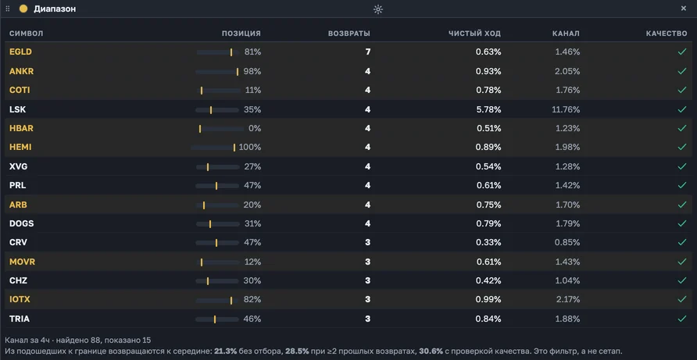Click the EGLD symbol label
tap(20, 52)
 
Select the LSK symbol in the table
tap(17, 109)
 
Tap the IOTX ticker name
tap(20, 300)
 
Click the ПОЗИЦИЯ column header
tap(241, 34)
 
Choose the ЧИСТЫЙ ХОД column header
tap(474, 34)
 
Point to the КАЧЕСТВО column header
tap(667, 34)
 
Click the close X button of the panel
tap(684, 9)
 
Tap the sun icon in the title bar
tap(378, 9)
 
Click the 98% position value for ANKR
tap(252, 72)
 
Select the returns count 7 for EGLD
tap(367, 52)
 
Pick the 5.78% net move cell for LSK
tap(488, 109)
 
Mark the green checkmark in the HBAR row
tap(682, 128)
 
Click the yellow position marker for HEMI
tap(234, 148)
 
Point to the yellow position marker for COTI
tap(202, 91)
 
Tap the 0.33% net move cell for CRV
tap(488, 243)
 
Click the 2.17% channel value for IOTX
tap(567, 300)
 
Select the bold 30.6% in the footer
tap(431, 351)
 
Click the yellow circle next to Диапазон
tap(23, 9)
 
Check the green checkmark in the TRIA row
tap(682, 319)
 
